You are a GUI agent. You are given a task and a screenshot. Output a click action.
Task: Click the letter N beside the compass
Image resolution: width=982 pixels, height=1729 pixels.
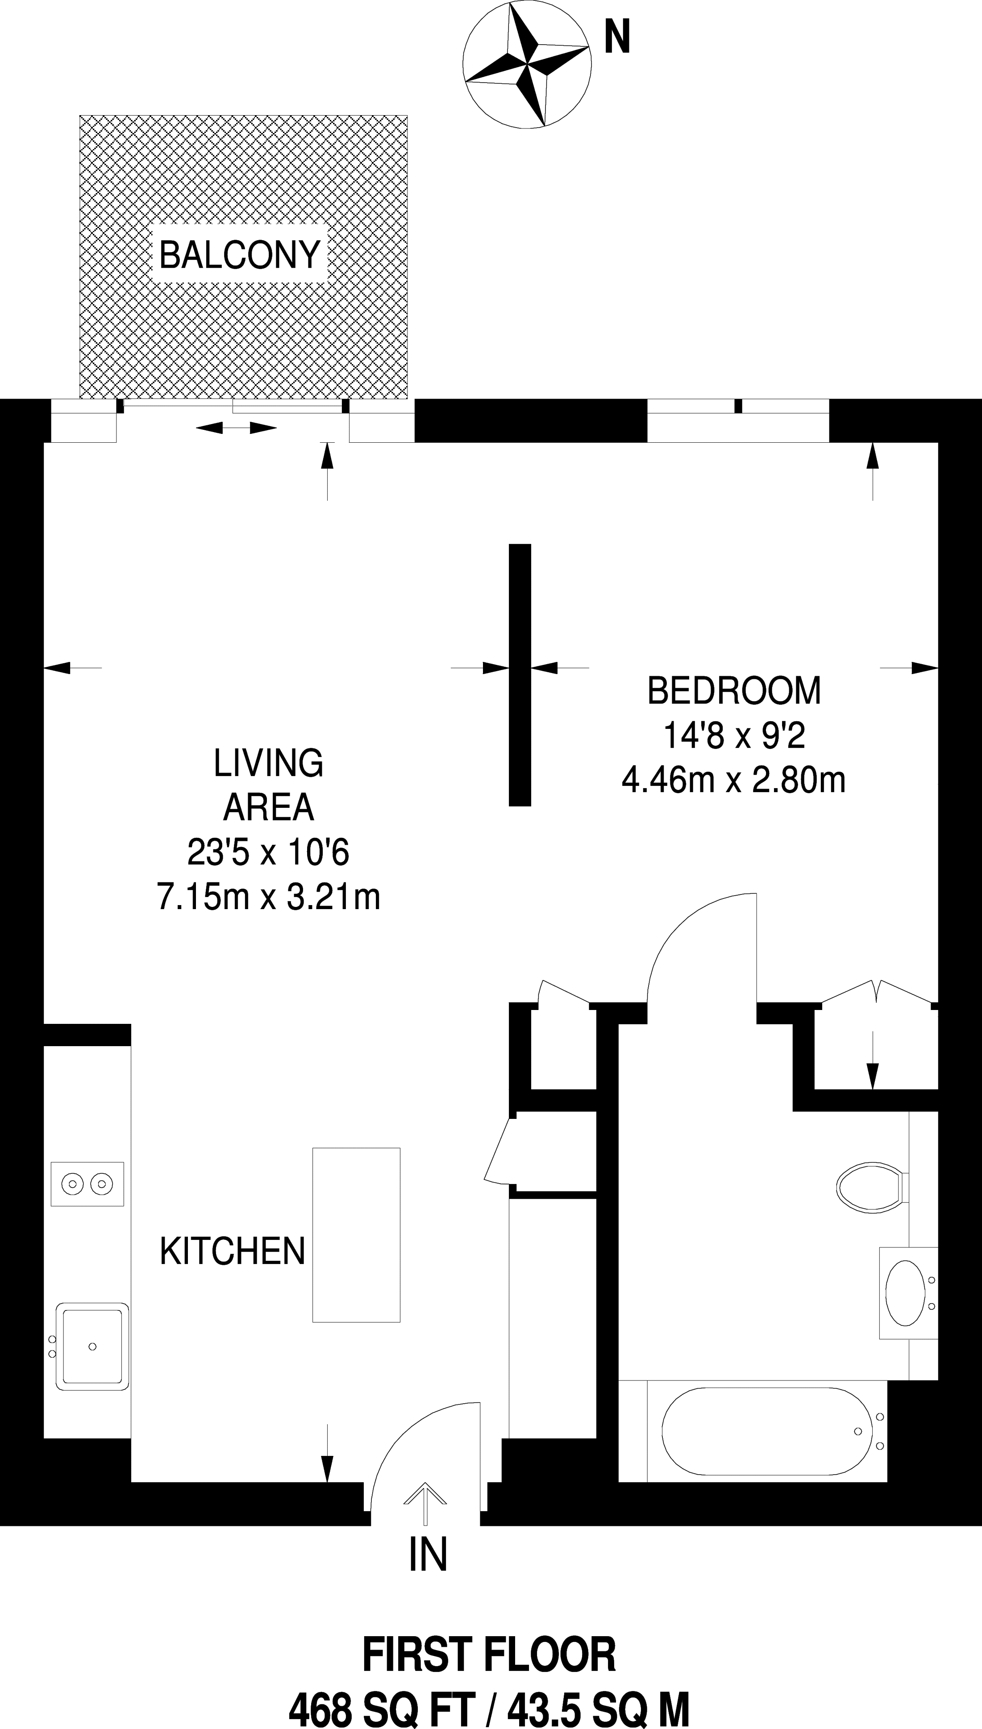616,38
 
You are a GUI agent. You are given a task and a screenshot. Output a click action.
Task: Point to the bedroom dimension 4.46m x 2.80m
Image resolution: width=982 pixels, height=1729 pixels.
734,781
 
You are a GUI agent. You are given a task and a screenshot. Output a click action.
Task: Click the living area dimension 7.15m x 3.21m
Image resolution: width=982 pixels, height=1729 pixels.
268,898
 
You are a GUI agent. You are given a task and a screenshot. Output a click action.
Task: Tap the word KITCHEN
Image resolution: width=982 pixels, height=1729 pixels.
233,1251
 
